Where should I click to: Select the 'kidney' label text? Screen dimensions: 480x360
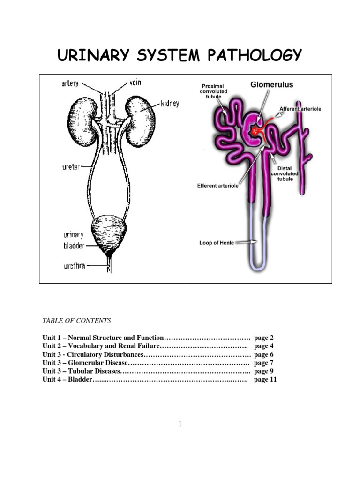click(x=170, y=103)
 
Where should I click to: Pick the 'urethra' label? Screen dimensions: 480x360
click(x=74, y=266)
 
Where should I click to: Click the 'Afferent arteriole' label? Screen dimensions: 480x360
click(x=300, y=109)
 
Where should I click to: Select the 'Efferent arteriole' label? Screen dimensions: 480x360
click(x=217, y=186)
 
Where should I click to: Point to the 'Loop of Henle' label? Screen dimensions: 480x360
click(x=217, y=243)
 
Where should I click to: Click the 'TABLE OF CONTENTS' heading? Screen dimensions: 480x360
click(x=76, y=321)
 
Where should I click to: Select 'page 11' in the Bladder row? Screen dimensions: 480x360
click(x=265, y=380)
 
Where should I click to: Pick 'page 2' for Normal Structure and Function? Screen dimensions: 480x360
click(x=263, y=337)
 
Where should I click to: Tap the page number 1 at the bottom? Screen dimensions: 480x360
click(x=180, y=424)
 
